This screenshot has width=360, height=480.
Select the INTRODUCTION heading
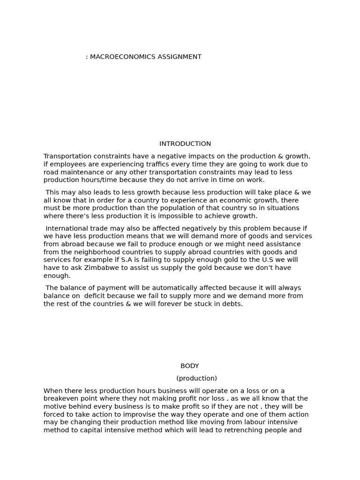pos(185,144)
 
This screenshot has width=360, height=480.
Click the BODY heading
pos(190,366)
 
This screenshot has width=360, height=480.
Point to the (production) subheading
pos(196,378)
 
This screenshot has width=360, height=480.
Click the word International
pos(67,228)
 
